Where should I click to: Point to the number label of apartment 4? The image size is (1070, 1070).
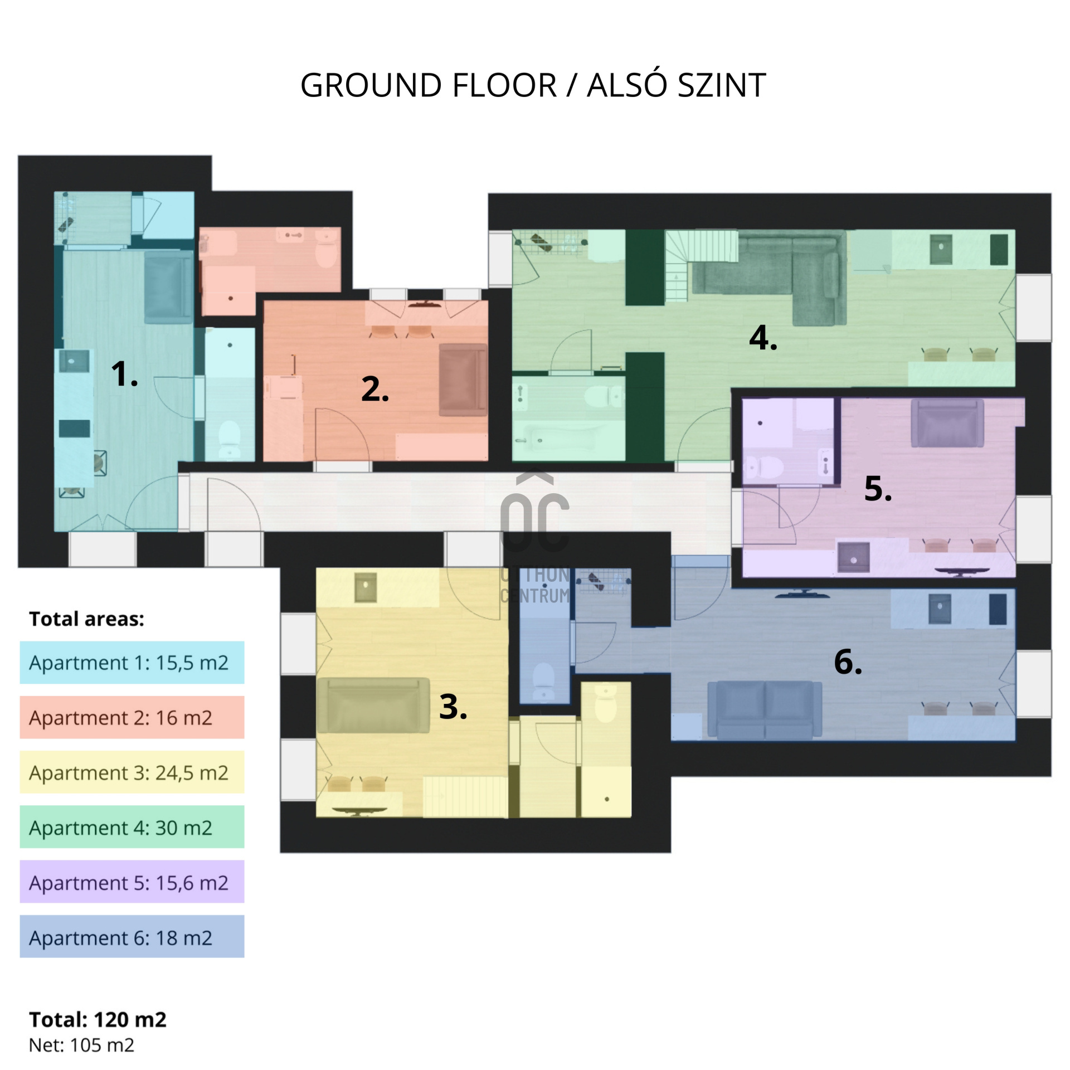point(763,338)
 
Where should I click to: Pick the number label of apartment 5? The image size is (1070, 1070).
point(878,488)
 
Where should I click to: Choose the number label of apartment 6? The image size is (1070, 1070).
point(848,662)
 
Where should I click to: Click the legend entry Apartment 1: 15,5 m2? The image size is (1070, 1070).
point(132,663)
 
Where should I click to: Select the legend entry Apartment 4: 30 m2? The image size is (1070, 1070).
point(132,828)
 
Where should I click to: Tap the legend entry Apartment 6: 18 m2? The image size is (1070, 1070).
point(132,937)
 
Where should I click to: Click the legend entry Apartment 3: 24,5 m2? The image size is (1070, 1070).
point(132,772)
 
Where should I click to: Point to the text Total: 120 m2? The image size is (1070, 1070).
point(98,1019)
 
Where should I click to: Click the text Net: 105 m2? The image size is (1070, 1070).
point(81,1045)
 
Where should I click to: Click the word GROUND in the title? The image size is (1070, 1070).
point(371,85)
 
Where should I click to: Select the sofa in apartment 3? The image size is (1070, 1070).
point(373,706)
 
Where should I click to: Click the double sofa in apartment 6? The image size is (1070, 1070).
point(765,710)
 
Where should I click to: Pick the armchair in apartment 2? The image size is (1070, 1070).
point(463,380)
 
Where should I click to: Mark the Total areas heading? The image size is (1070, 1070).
point(86,619)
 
